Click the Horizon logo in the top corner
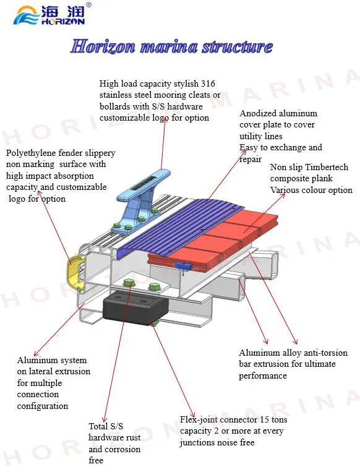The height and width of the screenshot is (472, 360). [x=52, y=14]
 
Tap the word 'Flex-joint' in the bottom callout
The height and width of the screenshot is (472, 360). [x=200, y=420]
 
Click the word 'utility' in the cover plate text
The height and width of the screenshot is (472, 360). [x=252, y=136]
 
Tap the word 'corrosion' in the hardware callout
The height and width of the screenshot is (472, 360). [x=123, y=449]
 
